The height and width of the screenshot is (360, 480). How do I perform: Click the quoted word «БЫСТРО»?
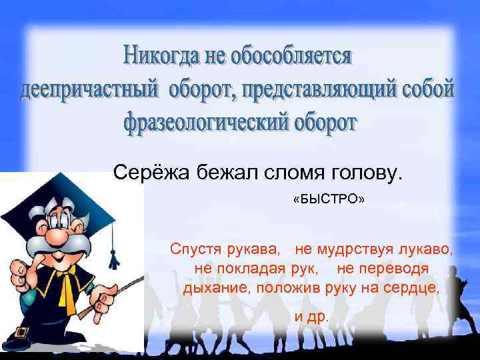pyautogui.click(x=329, y=200)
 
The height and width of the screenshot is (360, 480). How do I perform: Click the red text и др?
pyautogui.click(x=312, y=316)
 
